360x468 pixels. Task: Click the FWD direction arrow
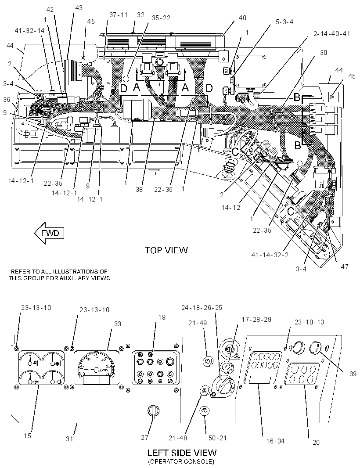(x=49, y=233)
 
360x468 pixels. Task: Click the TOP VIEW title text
(x=166, y=250)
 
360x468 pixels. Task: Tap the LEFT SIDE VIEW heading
(x=181, y=453)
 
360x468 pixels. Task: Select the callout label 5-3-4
(x=284, y=22)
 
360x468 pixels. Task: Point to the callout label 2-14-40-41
(x=331, y=34)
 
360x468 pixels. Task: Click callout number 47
(x=344, y=266)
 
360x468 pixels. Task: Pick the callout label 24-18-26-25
(x=202, y=308)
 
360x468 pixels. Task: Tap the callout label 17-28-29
(x=256, y=319)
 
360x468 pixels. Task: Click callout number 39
(x=353, y=374)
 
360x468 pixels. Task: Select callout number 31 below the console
(x=69, y=439)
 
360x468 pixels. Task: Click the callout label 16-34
(x=275, y=441)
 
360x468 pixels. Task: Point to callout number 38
(x=139, y=189)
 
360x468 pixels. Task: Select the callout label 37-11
(x=118, y=15)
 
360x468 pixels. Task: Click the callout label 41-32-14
(x=29, y=30)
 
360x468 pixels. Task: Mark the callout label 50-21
(x=218, y=438)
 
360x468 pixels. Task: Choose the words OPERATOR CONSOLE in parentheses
(x=181, y=462)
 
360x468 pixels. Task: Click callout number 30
(x=323, y=53)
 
